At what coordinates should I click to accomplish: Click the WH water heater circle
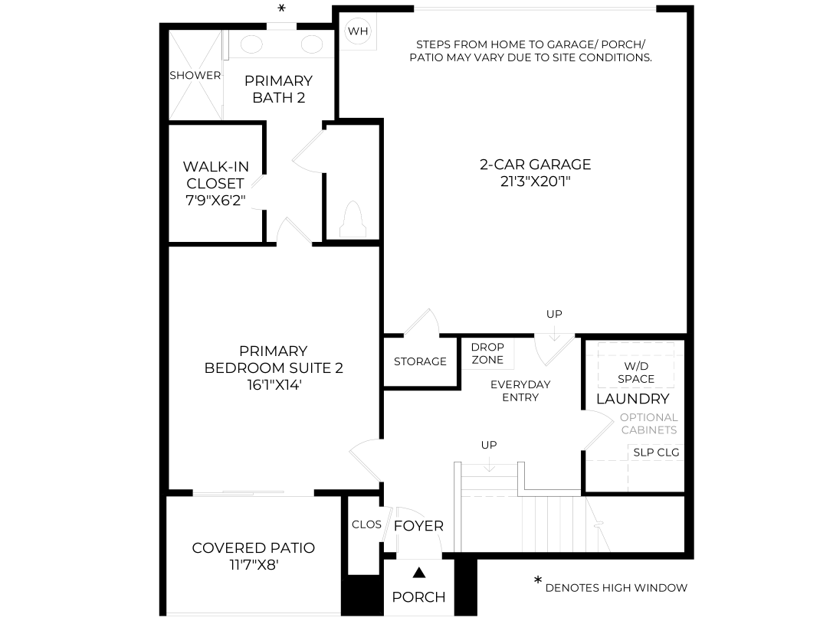358,31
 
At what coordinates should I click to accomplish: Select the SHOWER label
195,75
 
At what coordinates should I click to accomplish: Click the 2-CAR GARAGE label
535,165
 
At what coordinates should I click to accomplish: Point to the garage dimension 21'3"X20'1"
535,181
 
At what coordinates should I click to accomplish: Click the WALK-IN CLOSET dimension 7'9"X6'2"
215,201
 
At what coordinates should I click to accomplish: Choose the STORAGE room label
420,361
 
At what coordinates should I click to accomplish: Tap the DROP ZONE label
487,354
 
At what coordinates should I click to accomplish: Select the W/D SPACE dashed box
636,364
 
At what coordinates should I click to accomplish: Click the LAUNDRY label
633,398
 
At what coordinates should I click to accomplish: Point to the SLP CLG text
656,452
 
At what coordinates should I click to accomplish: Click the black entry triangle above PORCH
419,573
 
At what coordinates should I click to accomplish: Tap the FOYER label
418,526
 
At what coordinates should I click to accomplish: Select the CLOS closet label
366,524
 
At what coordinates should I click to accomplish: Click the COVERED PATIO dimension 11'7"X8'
254,564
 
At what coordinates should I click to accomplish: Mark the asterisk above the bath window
282,8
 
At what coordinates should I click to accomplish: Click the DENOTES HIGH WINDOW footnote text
616,588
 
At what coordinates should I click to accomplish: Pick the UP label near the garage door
554,314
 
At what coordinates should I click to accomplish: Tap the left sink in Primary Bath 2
252,44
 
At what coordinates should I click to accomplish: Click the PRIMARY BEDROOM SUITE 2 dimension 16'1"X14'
274,384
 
